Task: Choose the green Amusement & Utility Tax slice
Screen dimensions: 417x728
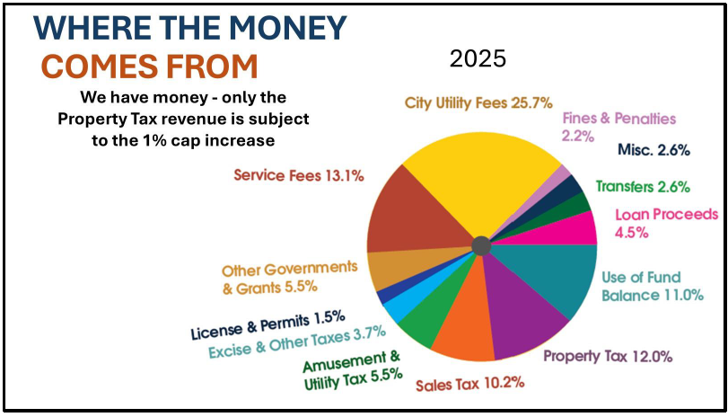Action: (417, 324)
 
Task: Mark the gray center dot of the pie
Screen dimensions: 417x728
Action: (480, 245)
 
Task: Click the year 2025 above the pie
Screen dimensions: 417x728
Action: (478, 59)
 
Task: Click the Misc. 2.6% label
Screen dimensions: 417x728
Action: (653, 150)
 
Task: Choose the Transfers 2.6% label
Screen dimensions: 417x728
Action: (643, 187)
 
